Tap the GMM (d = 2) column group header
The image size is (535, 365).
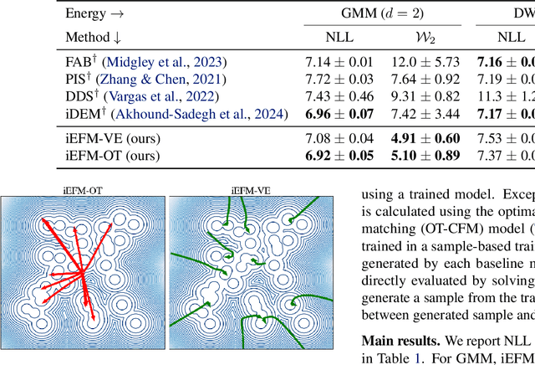click(x=380, y=13)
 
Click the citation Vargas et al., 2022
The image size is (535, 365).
click(x=179, y=95)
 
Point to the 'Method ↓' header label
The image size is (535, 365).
click(x=94, y=37)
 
